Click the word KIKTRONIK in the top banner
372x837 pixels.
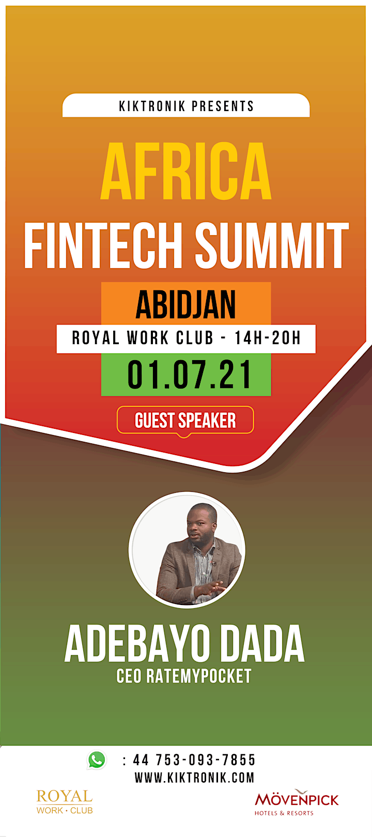tap(152, 106)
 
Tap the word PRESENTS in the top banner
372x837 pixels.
tap(223, 106)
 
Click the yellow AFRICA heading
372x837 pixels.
tap(186, 171)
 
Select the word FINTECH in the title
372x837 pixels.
tap(103, 245)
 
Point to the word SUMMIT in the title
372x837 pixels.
tap(272, 245)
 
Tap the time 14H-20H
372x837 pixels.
tap(268, 338)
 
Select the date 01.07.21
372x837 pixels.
tap(189, 375)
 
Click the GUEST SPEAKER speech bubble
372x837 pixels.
tap(185, 421)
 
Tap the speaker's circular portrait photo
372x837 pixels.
tap(187, 550)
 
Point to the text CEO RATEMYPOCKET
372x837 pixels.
tap(184, 676)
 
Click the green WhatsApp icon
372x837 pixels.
tap(97, 761)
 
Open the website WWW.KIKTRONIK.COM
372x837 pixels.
tap(195, 778)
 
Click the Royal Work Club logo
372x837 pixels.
tap(65, 802)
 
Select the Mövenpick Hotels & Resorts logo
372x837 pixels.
tap(297, 802)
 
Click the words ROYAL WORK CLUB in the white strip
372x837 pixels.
tap(142, 338)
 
